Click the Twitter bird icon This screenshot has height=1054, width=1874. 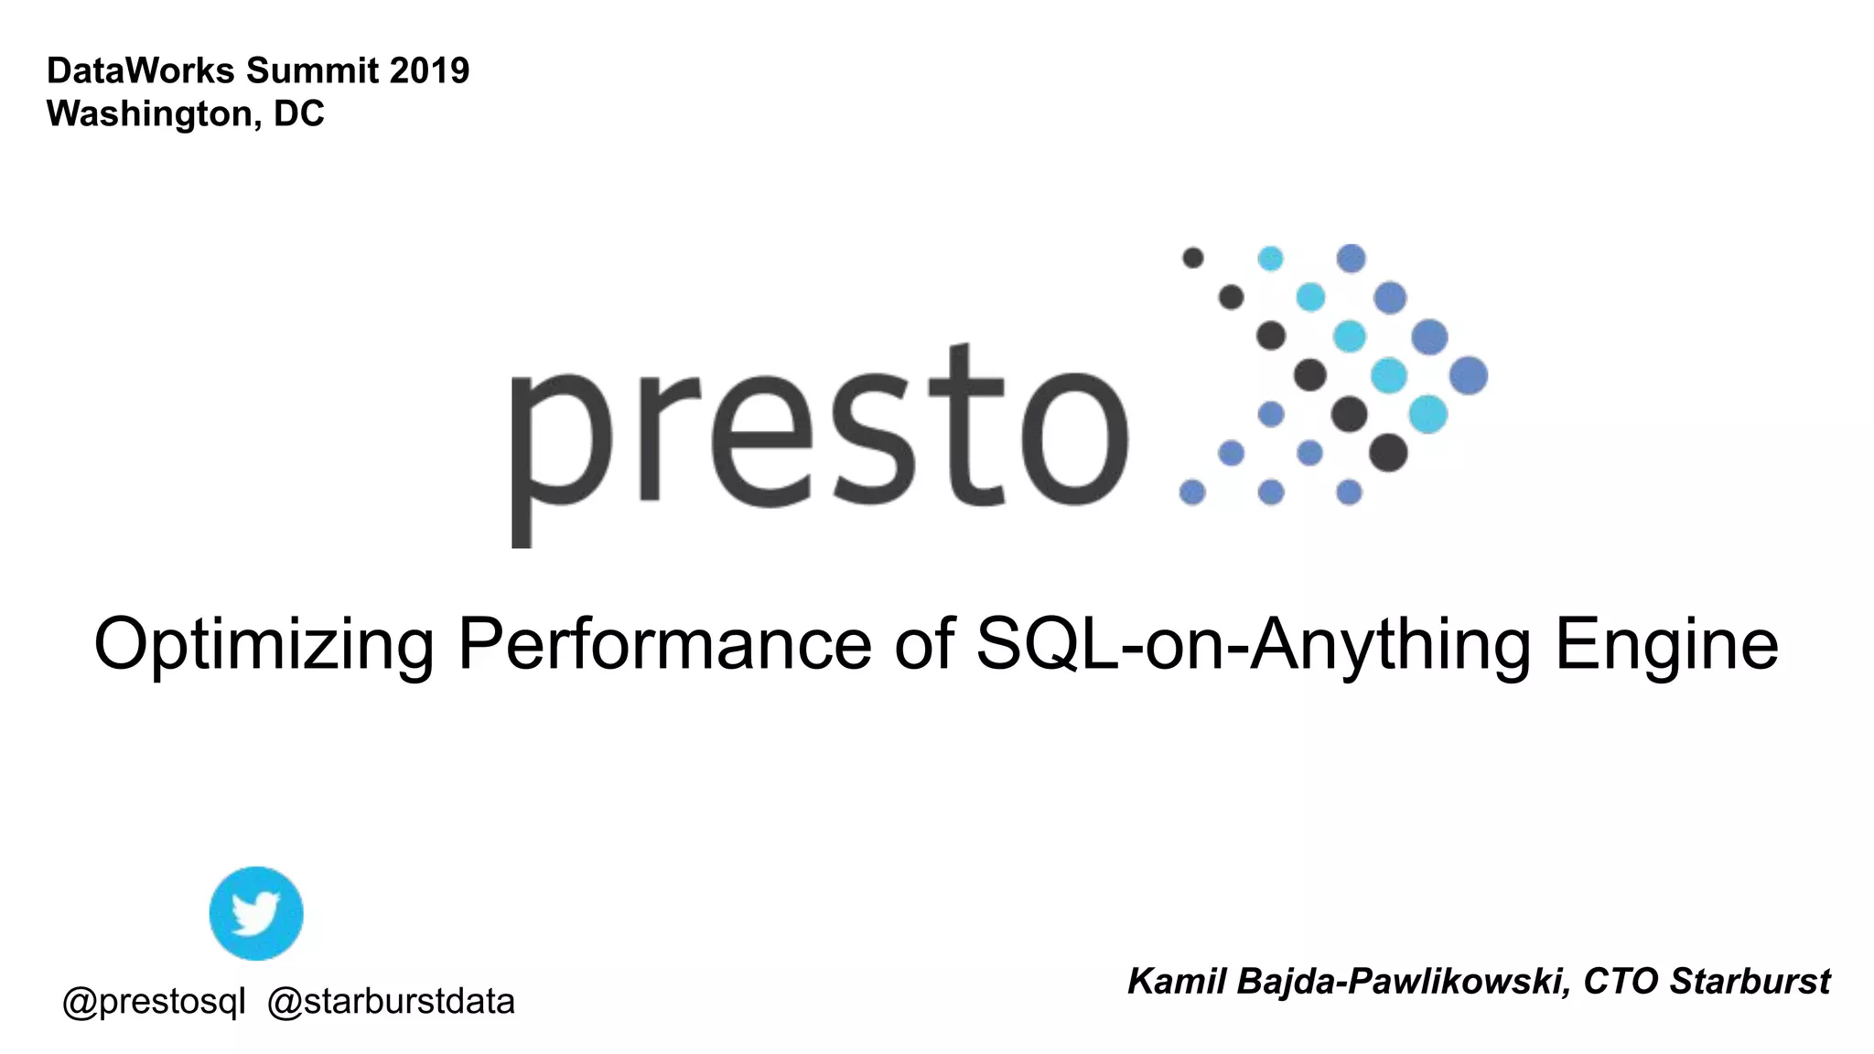[x=256, y=913]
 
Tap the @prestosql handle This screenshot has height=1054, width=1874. [x=154, y=1002]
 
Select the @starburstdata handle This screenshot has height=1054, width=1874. [x=391, y=1002]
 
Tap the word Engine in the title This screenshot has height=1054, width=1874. [x=1666, y=645]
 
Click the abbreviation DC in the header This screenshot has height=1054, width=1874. [x=298, y=113]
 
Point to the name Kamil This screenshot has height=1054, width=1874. [x=1177, y=981]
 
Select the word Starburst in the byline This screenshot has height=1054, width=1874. [x=1750, y=981]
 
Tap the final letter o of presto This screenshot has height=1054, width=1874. [x=1074, y=438]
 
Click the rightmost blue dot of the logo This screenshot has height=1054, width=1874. [x=1469, y=375]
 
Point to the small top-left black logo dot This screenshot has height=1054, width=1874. [x=1192, y=258]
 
